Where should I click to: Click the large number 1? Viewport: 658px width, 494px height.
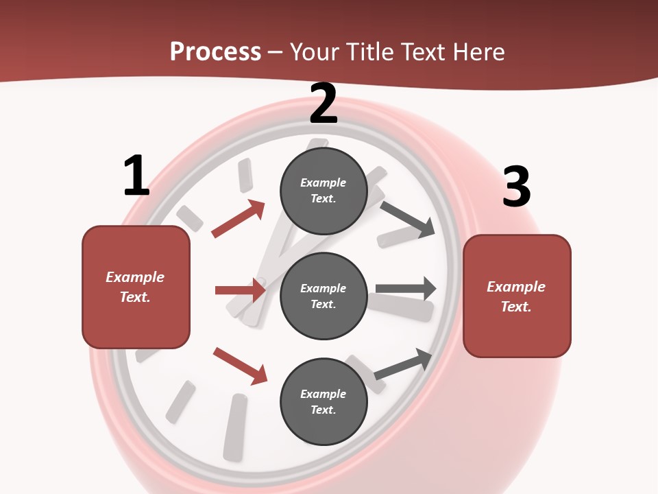click(136, 176)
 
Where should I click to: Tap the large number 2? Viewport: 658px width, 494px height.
click(324, 104)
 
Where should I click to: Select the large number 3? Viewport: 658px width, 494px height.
click(516, 187)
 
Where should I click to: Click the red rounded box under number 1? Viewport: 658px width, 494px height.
click(136, 287)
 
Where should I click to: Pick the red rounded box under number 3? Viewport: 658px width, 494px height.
click(517, 296)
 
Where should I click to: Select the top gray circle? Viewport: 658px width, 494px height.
click(324, 191)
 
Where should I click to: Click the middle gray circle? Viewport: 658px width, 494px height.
click(324, 296)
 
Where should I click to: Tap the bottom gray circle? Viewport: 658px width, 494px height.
click(324, 401)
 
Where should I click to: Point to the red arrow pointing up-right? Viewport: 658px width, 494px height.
click(239, 219)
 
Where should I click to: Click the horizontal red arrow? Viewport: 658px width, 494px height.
click(241, 291)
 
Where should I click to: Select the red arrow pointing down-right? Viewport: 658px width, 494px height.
click(241, 366)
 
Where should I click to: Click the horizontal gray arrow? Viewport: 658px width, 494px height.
click(406, 289)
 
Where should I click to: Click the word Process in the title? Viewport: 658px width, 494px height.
click(215, 51)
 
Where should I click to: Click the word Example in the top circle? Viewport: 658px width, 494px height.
click(324, 183)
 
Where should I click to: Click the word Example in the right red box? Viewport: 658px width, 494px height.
click(516, 287)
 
